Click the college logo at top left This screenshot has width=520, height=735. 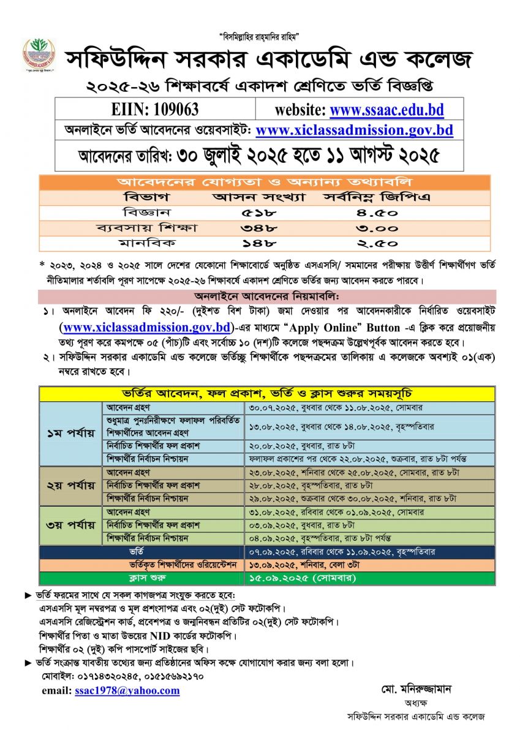coord(39,55)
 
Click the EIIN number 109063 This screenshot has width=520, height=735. coord(156,110)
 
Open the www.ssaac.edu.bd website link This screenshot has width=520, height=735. coord(386,110)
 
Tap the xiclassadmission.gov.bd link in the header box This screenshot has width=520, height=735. coord(354,130)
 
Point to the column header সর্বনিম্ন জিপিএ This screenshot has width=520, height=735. coord(369,198)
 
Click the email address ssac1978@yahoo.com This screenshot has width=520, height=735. coord(127,690)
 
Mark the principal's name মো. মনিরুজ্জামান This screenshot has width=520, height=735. coord(416,688)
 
